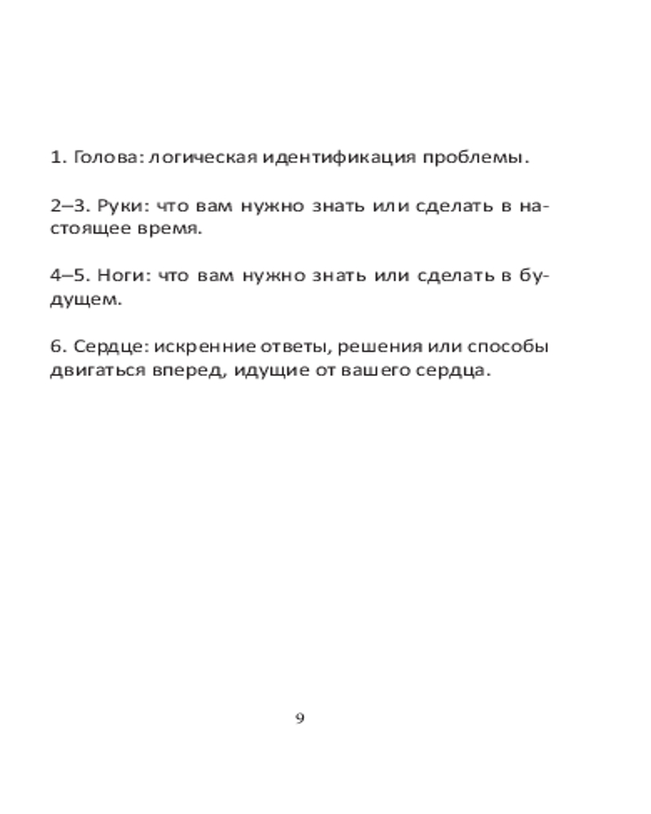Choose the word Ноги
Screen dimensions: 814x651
pos(120,277)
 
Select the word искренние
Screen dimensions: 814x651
pos(203,348)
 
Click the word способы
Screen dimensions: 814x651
pos(509,348)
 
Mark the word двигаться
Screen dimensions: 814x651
pos(92,370)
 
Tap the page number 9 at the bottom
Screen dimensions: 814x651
pos(300,718)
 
